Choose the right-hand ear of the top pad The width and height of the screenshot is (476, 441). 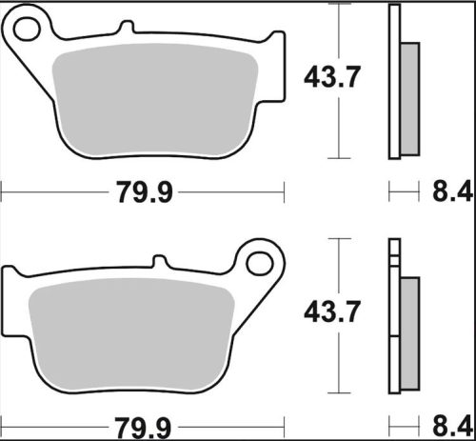[275, 48]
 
